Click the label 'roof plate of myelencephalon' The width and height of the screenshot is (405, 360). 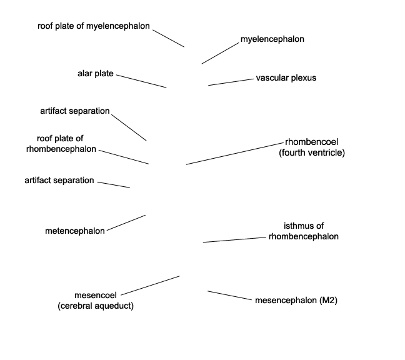tap(94, 26)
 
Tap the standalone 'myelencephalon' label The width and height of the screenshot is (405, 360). tap(272, 39)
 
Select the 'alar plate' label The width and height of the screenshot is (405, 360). tap(95, 74)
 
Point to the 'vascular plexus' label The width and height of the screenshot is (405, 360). tap(286, 78)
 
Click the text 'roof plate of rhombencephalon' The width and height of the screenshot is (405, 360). tap(61, 144)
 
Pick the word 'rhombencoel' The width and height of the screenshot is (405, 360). tap(311, 142)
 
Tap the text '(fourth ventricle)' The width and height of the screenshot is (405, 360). tap(312, 153)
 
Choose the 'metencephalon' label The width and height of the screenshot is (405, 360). tap(75, 231)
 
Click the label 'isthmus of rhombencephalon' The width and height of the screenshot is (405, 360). tap(304, 231)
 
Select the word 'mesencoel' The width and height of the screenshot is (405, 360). tap(96, 295)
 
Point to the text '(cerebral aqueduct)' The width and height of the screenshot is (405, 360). tap(96, 306)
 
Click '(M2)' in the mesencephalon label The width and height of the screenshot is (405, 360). tap(328, 301)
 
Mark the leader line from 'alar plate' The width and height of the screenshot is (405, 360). tap(141, 81)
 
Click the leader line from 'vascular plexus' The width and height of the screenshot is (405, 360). tap(231, 82)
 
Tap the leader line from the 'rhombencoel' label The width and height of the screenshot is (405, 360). tap(235, 153)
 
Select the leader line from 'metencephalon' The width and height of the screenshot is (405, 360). tap(126, 222)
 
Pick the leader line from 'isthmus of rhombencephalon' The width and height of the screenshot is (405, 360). tap(234, 239)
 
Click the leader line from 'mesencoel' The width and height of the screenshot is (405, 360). tap(150, 286)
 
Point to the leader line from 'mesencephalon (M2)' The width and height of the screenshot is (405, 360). tap(229, 296)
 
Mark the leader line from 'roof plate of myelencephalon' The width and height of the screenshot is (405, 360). tap(168, 39)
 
